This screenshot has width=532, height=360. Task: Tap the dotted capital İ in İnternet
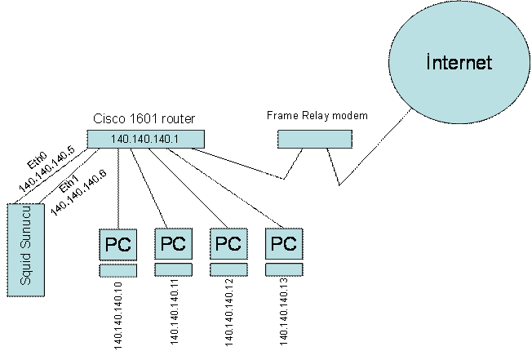(x=429, y=63)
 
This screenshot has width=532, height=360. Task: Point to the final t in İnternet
(x=489, y=64)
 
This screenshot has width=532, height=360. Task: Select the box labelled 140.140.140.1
(x=145, y=139)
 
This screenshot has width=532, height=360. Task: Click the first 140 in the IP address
(x=118, y=140)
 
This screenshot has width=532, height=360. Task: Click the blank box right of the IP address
(x=314, y=139)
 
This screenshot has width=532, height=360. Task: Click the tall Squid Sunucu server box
(x=24, y=250)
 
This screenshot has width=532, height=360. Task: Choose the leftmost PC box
(x=118, y=243)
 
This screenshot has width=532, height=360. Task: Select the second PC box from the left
(x=173, y=242)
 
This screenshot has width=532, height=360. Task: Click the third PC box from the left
(x=228, y=242)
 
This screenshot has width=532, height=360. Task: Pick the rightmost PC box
(x=283, y=242)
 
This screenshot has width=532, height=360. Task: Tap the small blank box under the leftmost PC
(x=118, y=270)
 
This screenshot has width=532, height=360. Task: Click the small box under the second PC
(x=173, y=269)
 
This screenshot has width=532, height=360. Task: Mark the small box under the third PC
(x=228, y=269)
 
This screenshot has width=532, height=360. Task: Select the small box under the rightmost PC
(x=283, y=269)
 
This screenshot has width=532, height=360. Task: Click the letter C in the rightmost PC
(x=290, y=243)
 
